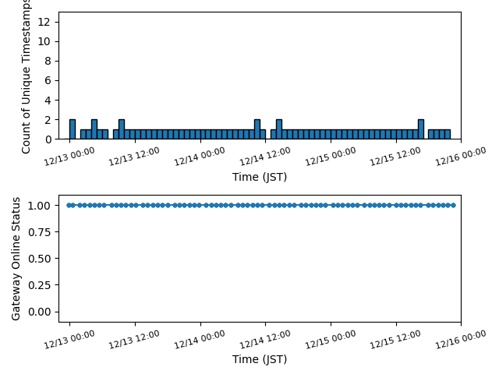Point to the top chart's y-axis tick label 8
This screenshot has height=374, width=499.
[48, 61]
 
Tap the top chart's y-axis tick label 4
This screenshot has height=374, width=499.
[48, 100]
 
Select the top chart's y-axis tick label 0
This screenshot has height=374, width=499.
[48, 139]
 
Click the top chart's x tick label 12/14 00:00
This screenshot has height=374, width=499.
[200, 154]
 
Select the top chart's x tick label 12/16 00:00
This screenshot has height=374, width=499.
[461, 154]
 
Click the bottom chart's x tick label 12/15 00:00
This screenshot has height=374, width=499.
[331, 337]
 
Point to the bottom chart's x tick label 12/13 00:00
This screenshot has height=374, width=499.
[69, 337]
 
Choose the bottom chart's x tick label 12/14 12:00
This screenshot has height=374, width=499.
[265, 337]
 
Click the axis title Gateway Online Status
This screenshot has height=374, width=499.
[16, 258]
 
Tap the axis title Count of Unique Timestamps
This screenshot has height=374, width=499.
[27, 78]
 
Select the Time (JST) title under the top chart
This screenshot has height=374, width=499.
[260, 177]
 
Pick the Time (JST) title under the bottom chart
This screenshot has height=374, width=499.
[260, 359]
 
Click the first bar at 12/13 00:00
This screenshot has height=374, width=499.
[72, 129]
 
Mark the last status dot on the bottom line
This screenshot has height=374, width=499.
[453, 205]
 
